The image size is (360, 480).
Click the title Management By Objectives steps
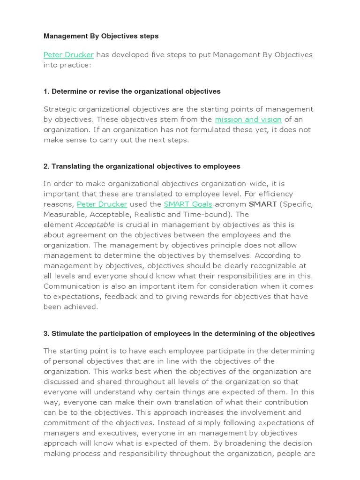pyautogui.click(x=101, y=36)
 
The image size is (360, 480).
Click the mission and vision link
pyautogui.click(x=248, y=120)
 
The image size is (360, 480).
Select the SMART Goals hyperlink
pyautogui.click(x=187, y=204)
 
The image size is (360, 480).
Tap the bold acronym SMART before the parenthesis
pyautogui.click(x=262, y=204)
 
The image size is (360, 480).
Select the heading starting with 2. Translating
pyautogui.click(x=142, y=166)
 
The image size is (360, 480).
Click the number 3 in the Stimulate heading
pyautogui.click(x=46, y=334)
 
